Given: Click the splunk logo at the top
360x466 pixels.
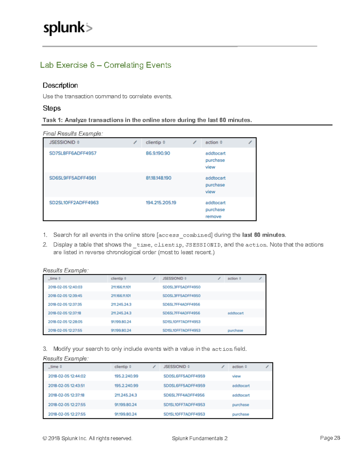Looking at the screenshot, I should pos(68,28).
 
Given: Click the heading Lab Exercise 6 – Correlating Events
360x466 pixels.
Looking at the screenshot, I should pos(106,65).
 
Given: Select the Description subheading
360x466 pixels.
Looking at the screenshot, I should pos(60,86).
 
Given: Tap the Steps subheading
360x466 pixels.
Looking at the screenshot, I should pos(52,108).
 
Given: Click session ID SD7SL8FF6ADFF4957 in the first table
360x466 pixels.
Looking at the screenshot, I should pos(73,153).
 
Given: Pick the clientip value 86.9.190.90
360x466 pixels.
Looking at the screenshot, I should pos(158,153).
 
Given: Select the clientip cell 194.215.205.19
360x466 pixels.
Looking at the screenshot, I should pos(161,203).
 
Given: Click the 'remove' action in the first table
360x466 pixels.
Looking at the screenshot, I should pos(213,217).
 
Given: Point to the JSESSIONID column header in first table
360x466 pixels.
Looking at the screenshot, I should pos(62,143).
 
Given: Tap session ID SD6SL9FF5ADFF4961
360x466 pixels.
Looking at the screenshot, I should pos(73,178).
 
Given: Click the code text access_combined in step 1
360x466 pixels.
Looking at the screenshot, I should pos(184,236).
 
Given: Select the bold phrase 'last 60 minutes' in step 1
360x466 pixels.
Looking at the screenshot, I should pos(263,235).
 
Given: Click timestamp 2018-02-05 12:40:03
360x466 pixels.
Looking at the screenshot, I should pos(65,287).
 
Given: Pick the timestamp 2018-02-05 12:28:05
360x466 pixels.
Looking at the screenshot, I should pos(65,322).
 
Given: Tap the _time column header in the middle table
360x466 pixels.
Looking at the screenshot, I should pos(53,279).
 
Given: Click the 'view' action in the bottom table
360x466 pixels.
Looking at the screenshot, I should pos(236,376).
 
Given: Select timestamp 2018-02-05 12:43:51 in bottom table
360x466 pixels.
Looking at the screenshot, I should pos(66,386).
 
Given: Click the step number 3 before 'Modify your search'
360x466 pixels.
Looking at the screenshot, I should pos(45,349).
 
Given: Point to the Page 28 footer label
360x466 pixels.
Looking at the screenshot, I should pos(330,438).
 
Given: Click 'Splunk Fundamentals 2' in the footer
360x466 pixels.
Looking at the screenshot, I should pos(199,438).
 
